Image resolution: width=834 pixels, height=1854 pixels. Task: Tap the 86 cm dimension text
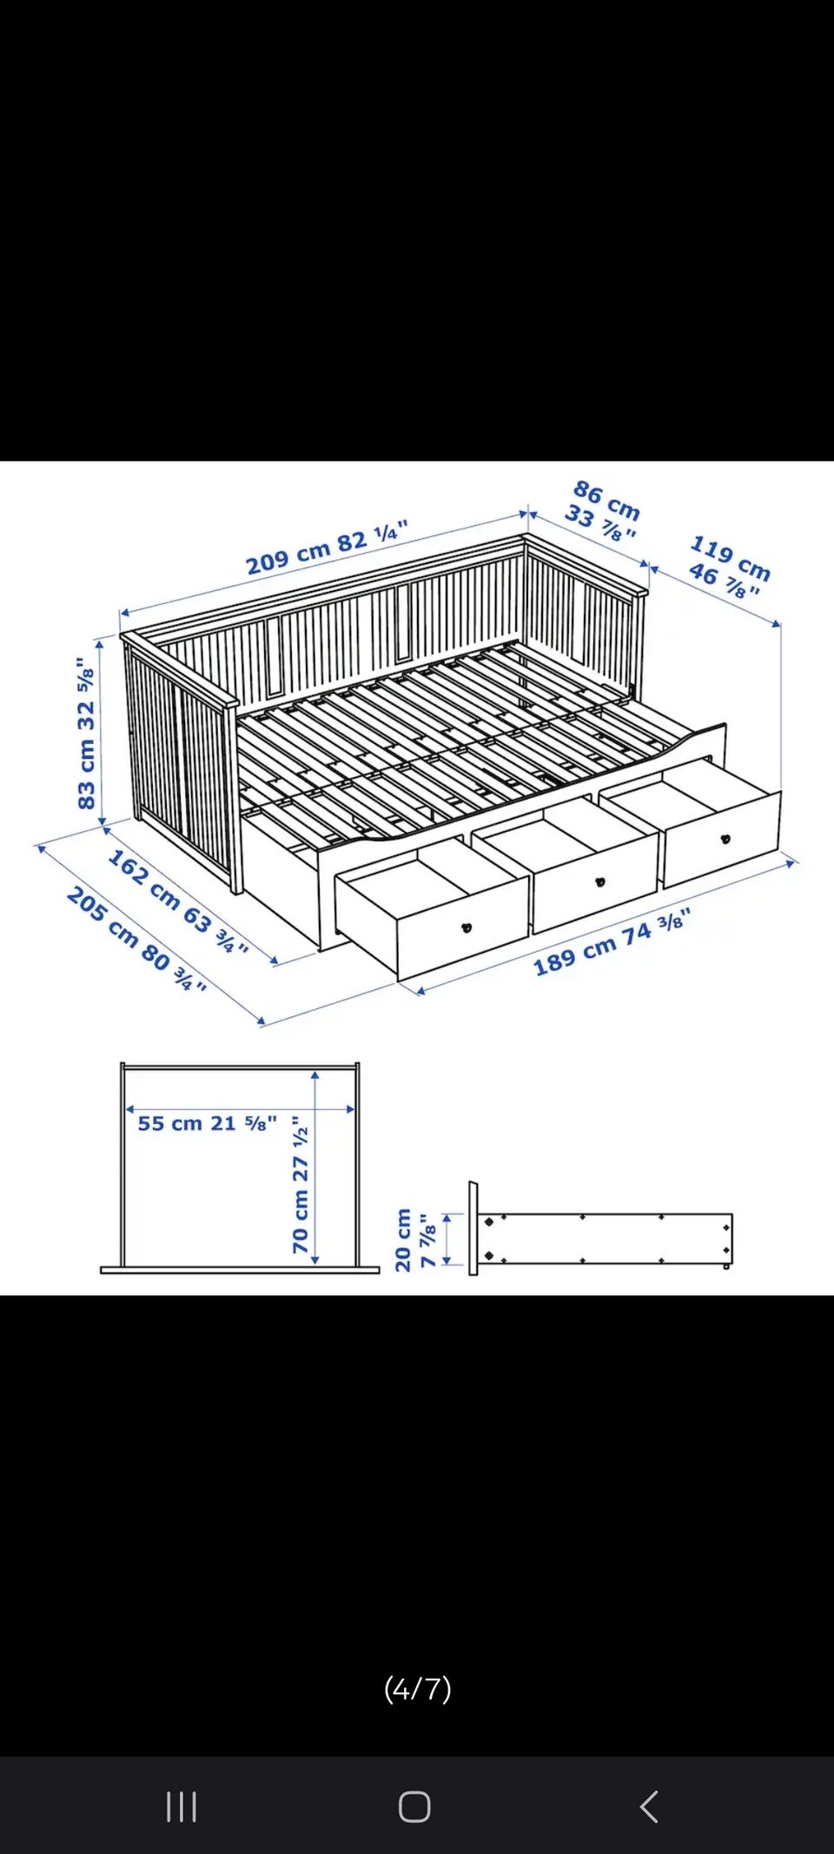pos(607,500)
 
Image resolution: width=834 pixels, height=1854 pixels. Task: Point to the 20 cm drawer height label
pos(403,1240)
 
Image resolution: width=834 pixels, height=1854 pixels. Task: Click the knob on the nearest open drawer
pos(467,927)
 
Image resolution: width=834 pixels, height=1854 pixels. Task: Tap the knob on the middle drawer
pos(599,882)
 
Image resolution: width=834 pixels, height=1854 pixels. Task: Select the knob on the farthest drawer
pos(725,839)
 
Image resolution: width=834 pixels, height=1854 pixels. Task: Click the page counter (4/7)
pos(418,1688)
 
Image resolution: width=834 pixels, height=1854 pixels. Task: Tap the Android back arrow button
pos(649,1806)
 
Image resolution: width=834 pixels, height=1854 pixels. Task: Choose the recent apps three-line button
pos(182,1807)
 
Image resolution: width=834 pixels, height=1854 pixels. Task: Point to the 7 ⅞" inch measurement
pos(427,1241)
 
